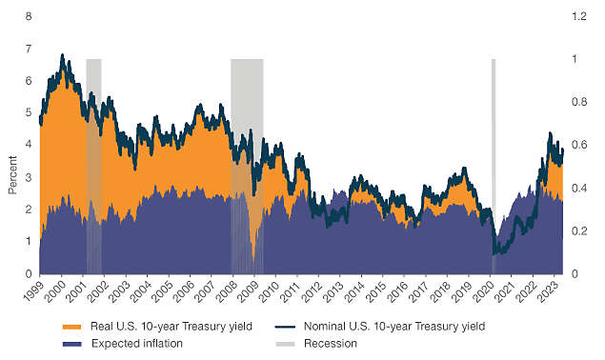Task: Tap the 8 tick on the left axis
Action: click(29, 16)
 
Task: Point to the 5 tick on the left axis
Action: click(29, 113)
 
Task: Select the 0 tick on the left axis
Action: click(29, 274)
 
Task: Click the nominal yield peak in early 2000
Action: click(64, 56)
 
